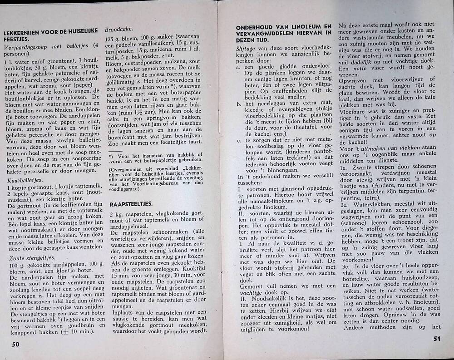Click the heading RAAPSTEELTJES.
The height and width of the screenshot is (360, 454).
(131, 204)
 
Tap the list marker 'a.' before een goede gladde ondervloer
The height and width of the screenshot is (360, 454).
(239, 67)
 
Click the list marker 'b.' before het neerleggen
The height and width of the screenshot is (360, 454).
(239, 104)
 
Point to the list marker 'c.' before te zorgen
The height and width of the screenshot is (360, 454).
(239, 140)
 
